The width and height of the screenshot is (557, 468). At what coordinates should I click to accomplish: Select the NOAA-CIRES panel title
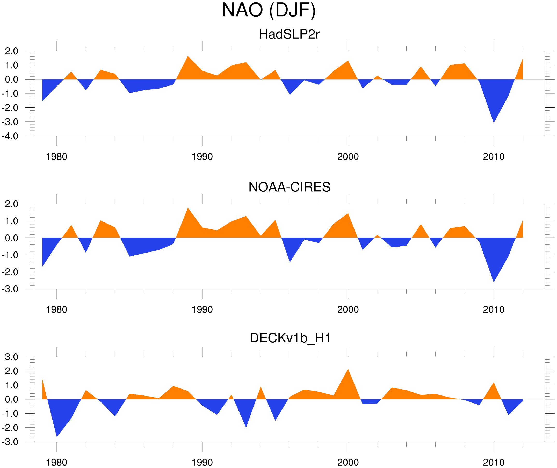tap(289, 187)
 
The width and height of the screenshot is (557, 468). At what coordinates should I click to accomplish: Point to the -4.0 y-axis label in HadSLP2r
tap(10, 136)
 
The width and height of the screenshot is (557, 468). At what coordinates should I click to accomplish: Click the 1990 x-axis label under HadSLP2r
tap(202, 157)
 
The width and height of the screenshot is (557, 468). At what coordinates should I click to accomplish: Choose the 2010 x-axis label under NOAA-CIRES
tap(493, 309)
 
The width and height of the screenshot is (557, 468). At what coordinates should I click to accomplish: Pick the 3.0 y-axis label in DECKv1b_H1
tap(11, 357)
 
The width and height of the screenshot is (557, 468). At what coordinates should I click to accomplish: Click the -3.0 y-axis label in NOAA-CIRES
tap(10, 289)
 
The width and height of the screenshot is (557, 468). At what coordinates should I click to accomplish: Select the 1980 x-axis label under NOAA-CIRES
tap(56, 309)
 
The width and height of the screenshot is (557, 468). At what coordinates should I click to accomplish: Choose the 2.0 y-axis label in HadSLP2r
tap(11, 51)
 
